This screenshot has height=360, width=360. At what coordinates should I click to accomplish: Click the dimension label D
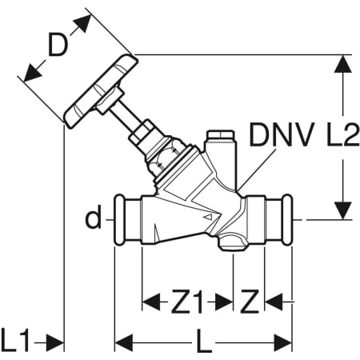[57, 44]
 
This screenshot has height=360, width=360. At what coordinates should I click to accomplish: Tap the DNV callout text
[281, 134]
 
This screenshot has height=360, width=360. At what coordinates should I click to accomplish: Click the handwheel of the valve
[101, 91]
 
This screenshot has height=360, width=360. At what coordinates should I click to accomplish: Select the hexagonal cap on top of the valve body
[221, 134]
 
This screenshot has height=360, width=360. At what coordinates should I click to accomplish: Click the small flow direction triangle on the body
[209, 217]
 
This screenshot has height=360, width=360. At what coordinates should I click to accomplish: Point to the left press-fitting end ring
[120, 220]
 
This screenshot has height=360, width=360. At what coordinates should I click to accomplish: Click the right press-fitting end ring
[287, 220]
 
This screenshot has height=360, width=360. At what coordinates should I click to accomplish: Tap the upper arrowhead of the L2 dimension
[342, 63]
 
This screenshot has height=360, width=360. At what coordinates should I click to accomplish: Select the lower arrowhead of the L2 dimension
[342, 210]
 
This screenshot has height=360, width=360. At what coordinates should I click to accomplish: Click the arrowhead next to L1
[55, 342]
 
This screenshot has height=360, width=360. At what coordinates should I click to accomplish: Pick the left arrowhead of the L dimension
[124, 342]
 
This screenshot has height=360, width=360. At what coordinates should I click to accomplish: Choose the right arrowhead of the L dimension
[283, 342]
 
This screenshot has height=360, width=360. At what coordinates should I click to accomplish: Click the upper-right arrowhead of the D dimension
[83, 22]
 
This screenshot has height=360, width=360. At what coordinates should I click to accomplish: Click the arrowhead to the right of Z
[274, 302]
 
